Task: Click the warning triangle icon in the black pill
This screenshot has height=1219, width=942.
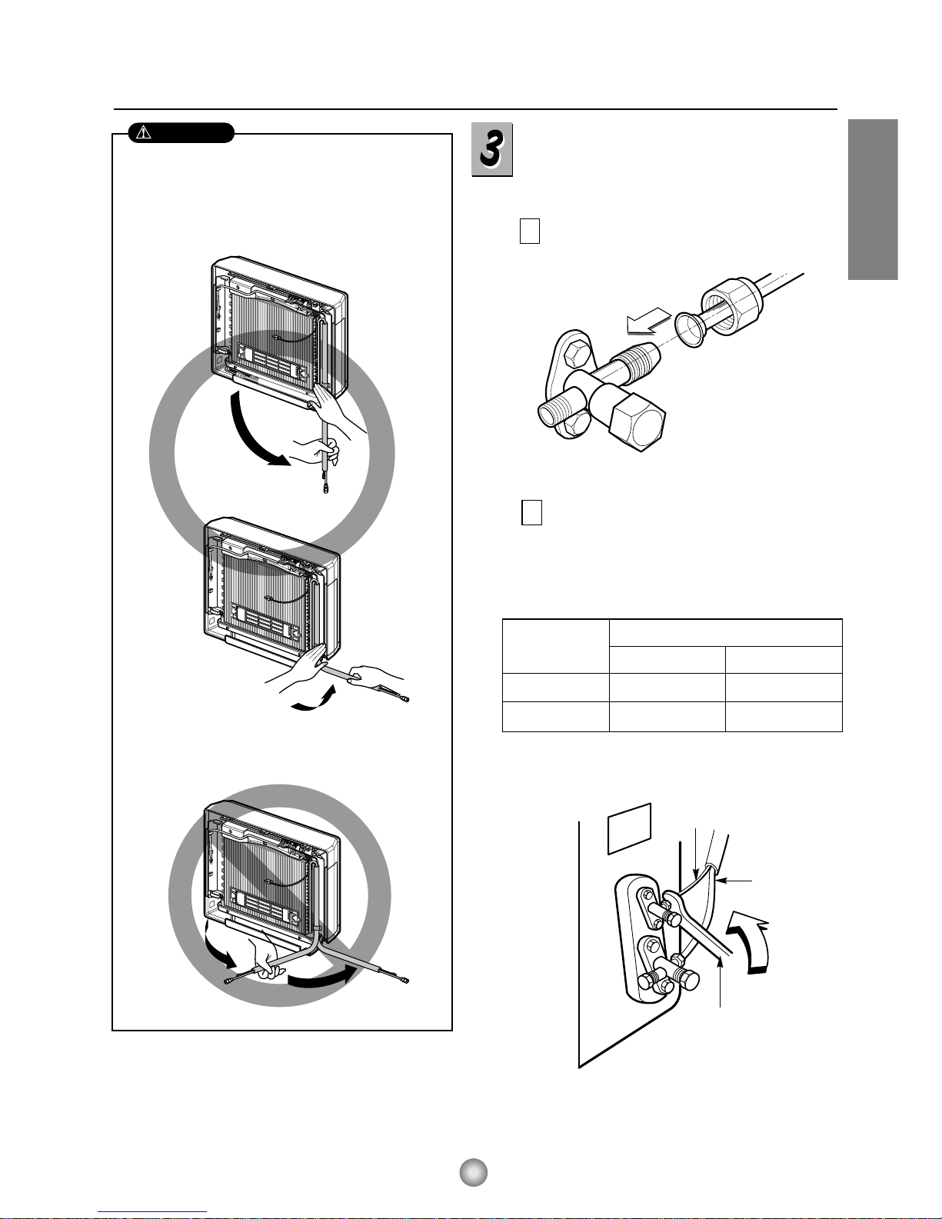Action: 145,132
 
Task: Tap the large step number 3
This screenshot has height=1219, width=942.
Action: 491,149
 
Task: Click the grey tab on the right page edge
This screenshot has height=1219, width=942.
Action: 873,199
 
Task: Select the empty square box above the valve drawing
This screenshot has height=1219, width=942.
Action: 529,231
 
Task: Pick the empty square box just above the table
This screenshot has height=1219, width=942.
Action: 531,512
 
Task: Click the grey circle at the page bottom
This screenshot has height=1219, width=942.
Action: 473,1172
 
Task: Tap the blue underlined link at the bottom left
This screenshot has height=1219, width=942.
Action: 152,1212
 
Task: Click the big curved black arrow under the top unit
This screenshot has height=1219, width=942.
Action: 255,430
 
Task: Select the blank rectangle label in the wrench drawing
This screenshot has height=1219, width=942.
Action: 630,829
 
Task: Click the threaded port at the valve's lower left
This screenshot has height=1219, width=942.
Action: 552,414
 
